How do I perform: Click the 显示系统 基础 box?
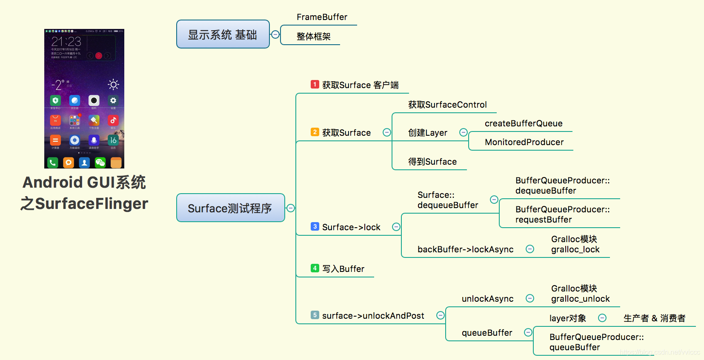[x=223, y=34]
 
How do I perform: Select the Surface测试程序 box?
[x=230, y=208]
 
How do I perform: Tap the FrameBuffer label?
[x=322, y=17]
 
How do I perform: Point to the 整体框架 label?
[x=313, y=37]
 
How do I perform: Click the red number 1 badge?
[x=315, y=84]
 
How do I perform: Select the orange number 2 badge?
[x=315, y=132]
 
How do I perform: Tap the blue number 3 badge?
[x=315, y=226]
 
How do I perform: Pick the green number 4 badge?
[x=315, y=268]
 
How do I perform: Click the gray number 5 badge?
[x=315, y=315]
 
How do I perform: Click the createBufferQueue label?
[x=524, y=123]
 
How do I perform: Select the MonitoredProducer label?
[x=524, y=142]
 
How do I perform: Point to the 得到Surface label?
[x=432, y=162]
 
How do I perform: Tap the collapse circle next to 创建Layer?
[x=464, y=132]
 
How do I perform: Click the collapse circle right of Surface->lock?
[x=396, y=227]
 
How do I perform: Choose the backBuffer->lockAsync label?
[x=465, y=249]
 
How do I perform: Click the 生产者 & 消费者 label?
[x=654, y=318]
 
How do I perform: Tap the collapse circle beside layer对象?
[x=602, y=318]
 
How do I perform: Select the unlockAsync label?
[x=487, y=299]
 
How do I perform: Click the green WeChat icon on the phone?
[x=100, y=162]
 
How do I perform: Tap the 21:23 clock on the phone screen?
[x=66, y=41]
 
